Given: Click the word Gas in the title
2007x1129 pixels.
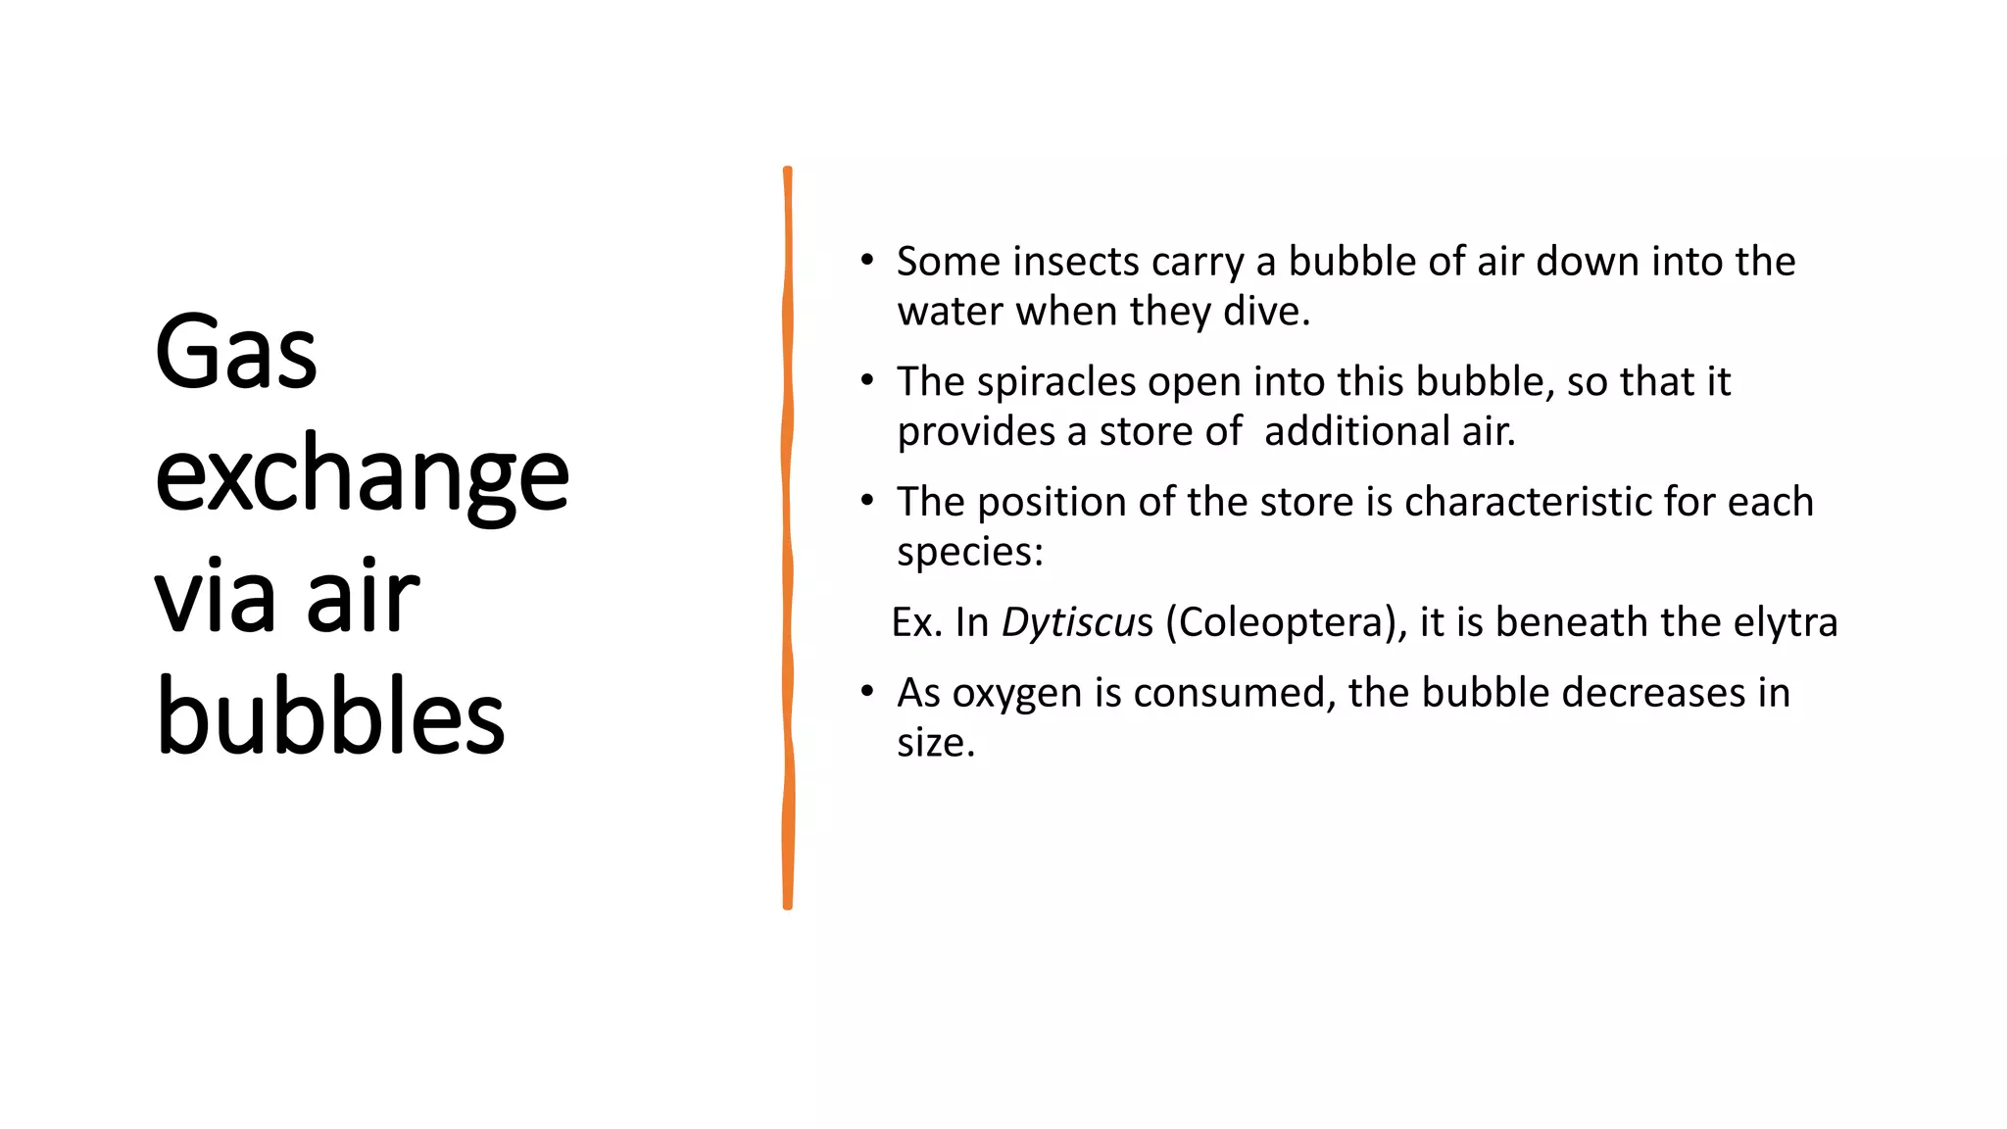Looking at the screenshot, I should pyautogui.click(x=236, y=352).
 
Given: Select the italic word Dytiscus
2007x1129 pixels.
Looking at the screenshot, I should pyautogui.click(x=1077, y=622).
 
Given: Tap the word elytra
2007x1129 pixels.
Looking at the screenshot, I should pyautogui.click(x=1785, y=622).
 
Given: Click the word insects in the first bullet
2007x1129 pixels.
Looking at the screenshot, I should pyautogui.click(x=1076, y=262).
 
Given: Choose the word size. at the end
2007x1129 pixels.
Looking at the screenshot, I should pyautogui.click(x=936, y=743).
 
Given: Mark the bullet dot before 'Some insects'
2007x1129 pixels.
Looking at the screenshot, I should pyautogui.click(x=866, y=260).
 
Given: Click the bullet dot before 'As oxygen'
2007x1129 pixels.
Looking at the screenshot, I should pyautogui.click(x=866, y=691).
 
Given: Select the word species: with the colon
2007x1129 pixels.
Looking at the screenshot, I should pyautogui.click(x=970, y=552).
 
